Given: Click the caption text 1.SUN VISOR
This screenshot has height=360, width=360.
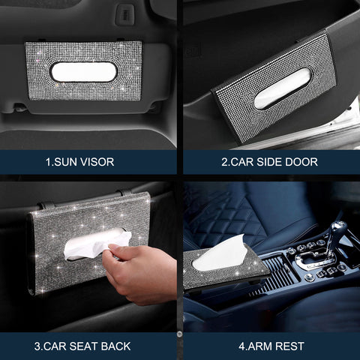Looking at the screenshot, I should (x=88, y=161).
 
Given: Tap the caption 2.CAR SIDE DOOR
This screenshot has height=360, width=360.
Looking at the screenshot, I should (x=268, y=161).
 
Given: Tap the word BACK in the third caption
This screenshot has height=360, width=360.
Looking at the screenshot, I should (x=113, y=346).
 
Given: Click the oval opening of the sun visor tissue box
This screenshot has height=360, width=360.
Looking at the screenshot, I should (x=83, y=71).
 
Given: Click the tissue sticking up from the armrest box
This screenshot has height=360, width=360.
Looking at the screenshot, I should (x=221, y=253).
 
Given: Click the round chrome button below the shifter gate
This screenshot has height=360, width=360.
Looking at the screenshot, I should (x=310, y=277).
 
